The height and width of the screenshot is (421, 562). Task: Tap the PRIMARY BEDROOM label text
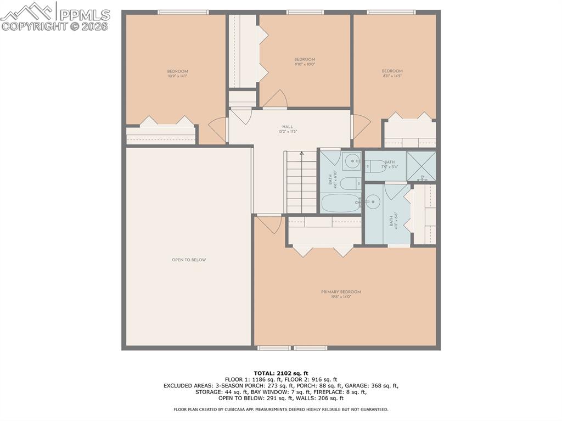pyautogui.click(x=341, y=292)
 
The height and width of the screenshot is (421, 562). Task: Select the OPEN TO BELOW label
pyautogui.click(x=189, y=260)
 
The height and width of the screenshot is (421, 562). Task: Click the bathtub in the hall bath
pyautogui.click(x=340, y=203)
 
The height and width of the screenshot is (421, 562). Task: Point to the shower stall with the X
pyautogui.click(x=421, y=166)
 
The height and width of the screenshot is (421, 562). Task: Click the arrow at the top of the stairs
pyautogui.click(x=301, y=154)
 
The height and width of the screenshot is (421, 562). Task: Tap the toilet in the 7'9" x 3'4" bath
pyautogui.click(x=376, y=166)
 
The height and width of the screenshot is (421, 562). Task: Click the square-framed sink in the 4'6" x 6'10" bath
pyautogui.click(x=351, y=161)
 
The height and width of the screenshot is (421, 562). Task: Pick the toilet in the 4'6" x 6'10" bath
pyautogui.click(x=350, y=183)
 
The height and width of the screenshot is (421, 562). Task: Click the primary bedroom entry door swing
pyautogui.click(x=269, y=224)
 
